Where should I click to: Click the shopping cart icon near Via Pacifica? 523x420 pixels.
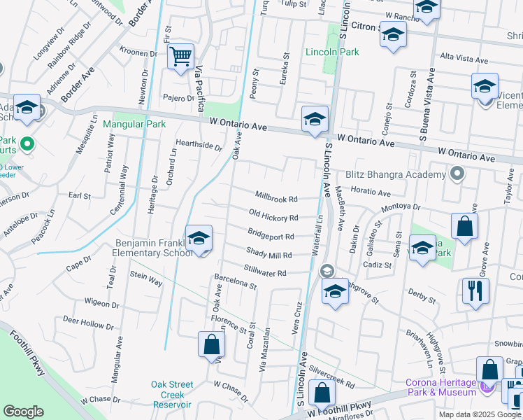[181, 56]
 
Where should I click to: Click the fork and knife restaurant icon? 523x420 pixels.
[475, 290]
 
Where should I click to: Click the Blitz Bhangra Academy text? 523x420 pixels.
[395, 174]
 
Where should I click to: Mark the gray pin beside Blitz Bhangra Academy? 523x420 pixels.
[458, 172]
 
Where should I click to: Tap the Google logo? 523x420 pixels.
[23, 412]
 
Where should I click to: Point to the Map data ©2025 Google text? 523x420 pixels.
[480, 414]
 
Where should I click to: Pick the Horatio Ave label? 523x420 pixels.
[370, 191]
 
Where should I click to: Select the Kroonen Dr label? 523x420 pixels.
[138, 53]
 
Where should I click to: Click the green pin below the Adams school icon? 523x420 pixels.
[27, 145]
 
